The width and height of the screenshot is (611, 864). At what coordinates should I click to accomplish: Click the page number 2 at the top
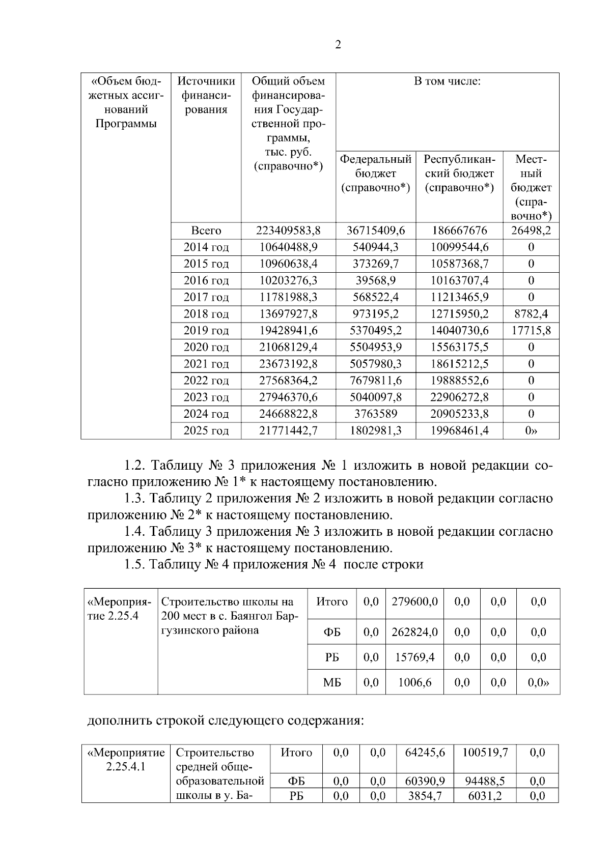(338, 45)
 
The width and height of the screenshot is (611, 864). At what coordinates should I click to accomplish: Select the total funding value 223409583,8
(288, 231)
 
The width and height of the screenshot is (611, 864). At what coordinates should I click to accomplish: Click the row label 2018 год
(206, 314)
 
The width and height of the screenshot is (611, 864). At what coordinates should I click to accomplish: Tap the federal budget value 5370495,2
(375, 331)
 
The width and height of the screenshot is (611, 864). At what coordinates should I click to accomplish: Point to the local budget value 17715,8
(531, 331)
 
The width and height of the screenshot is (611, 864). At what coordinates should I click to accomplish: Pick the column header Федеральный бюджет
(375, 174)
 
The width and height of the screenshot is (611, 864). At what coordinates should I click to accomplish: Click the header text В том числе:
(447, 81)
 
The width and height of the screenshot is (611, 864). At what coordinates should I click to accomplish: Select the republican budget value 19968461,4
(459, 431)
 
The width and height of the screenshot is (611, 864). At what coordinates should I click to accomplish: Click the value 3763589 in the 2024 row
(375, 414)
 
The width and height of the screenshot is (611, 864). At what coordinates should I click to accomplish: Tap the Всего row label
(206, 231)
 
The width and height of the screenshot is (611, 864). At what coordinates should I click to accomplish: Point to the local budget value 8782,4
(531, 314)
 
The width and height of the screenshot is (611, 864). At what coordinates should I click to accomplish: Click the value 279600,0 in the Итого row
(414, 601)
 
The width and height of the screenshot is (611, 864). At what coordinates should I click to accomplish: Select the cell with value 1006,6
(414, 682)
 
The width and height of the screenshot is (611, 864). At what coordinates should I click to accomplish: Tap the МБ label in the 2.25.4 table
(332, 683)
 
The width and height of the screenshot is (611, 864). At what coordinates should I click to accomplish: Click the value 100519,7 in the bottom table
(485, 752)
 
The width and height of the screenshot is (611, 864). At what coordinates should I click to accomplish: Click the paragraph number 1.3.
(135, 499)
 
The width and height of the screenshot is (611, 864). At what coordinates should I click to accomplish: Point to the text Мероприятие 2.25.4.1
(126, 759)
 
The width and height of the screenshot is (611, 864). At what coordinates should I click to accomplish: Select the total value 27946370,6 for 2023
(288, 397)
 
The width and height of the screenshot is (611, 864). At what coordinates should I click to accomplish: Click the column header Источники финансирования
(206, 95)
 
